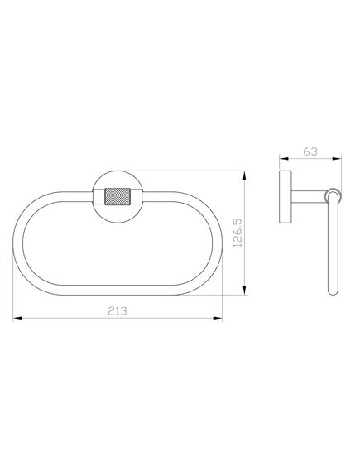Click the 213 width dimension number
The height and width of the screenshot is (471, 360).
[x=118, y=311]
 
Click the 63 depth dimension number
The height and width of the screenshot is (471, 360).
[x=310, y=151]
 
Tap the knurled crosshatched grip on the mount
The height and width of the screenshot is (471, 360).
[x=118, y=197]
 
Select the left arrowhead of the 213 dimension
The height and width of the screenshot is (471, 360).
[x=17, y=318]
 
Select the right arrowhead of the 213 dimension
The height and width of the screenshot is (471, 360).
[x=218, y=318]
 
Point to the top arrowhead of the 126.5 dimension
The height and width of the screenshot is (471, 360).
[x=245, y=175]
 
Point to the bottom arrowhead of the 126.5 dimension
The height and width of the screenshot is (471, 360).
[x=245, y=291]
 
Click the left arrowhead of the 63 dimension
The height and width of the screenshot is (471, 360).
[x=284, y=158]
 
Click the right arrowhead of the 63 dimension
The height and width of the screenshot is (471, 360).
[x=337, y=158]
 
